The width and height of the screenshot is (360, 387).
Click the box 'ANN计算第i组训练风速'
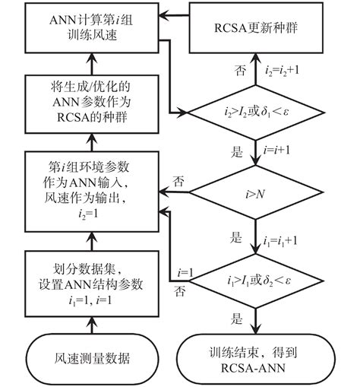point(90,33)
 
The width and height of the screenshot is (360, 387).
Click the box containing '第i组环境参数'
point(90,186)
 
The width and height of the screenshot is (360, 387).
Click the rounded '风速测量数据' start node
point(90,356)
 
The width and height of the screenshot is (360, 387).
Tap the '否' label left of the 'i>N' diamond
point(180,182)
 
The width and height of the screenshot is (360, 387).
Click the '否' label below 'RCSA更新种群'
point(242,72)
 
